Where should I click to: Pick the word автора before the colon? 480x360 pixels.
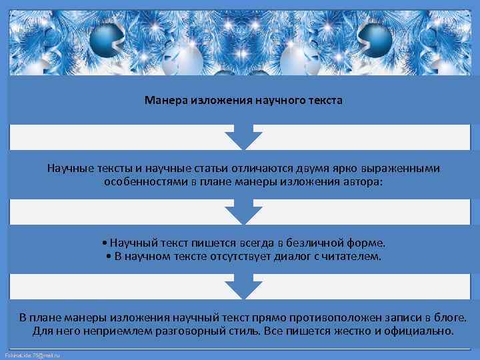361,181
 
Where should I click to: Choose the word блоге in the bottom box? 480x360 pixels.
449,317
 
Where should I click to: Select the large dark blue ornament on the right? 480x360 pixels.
375,40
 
